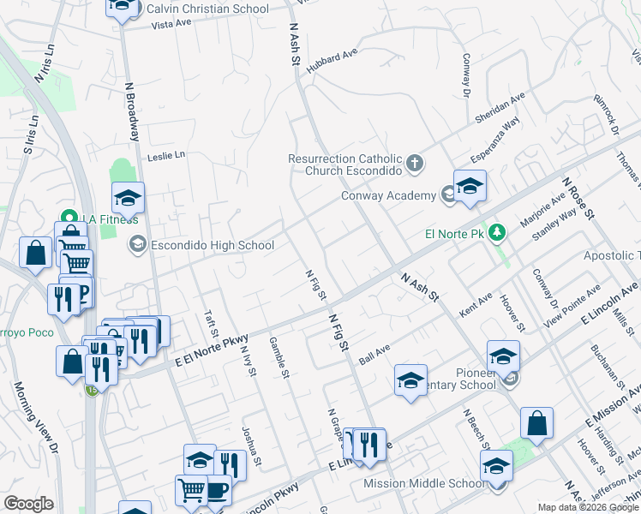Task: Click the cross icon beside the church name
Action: click(x=415, y=163)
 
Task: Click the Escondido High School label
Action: click(x=212, y=246)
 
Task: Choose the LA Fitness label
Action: click(x=111, y=219)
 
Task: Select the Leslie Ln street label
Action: click(x=166, y=156)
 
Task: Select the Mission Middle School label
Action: click(x=423, y=484)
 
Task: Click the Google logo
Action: click(x=28, y=504)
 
